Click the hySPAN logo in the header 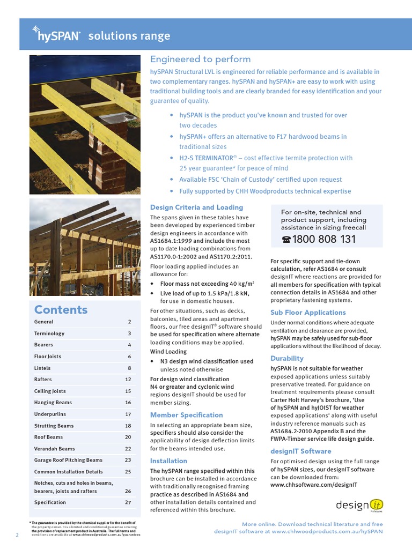click(56, 35)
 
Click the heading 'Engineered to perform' click(200, 59)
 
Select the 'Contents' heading click(61, 309)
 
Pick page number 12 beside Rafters click(128, 380)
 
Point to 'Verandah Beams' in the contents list click(54, 449)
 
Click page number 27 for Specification click(128, 502)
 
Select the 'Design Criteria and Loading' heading click(196, 207)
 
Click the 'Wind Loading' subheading click(168, 352)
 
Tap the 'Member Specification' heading click(186, 415)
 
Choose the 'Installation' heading click(168, 461)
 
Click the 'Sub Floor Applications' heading click(308, 312)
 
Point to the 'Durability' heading click(287, 358)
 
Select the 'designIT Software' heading click(300, 451)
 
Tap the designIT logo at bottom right click(359, 505)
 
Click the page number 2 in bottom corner click(17, 535)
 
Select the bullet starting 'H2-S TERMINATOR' click(266, 163)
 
